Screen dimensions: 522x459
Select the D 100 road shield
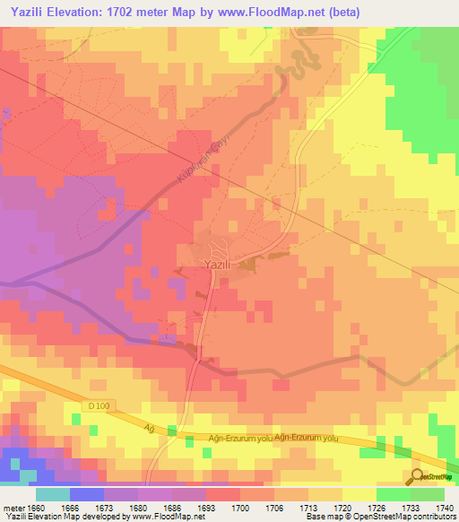point(100,407)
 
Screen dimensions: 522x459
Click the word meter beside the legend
point(13,508)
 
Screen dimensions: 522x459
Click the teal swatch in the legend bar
point(52,494)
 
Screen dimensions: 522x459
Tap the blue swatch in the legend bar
point(86,494)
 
